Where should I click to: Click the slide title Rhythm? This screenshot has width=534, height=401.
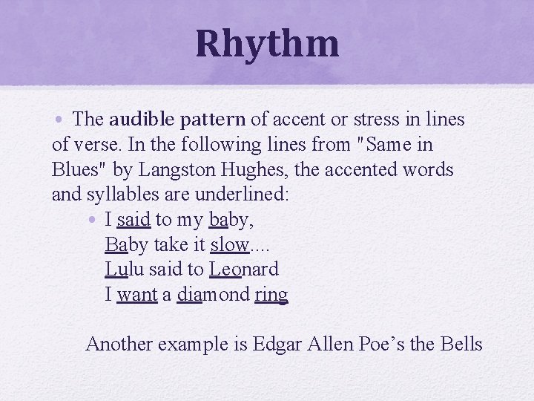coord(267,43)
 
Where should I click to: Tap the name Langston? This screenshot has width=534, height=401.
coord(186,169)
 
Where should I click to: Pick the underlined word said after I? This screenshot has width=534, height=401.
coord(133,220)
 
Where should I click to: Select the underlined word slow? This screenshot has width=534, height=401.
coord(230,245)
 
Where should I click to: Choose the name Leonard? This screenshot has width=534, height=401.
coord(244,270)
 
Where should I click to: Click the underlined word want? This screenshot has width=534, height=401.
coord(137,295)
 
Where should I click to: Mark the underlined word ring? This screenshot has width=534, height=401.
coord(271,295)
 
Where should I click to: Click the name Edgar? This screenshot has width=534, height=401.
coord(274,344)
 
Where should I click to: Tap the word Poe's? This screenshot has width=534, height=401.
coord(388,344)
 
